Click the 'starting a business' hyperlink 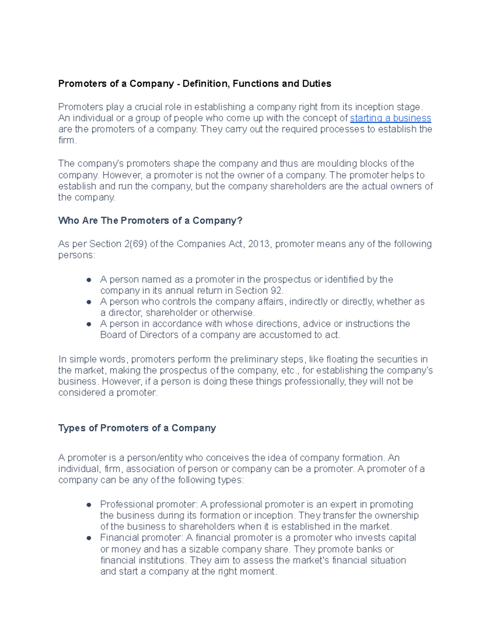(390, 118)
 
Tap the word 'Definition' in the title (205, 84)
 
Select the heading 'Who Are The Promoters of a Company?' (150, 220)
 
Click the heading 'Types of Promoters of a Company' (137, 428)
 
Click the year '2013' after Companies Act (258, 244)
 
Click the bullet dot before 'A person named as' (88, 280)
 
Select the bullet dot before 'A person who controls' (88, 302)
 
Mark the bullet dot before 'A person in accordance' (88, 324)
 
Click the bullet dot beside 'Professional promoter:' (88, 505)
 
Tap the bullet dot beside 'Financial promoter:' (88, 538)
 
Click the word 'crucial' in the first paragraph (148, 107)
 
